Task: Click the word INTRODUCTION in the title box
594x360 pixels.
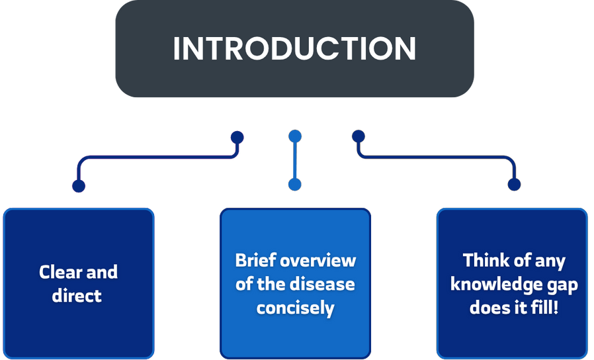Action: (294, 49)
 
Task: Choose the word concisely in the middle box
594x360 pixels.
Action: (295, 308)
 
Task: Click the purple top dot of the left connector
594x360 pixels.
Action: (237, 137)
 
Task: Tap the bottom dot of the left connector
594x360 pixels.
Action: (79, 185)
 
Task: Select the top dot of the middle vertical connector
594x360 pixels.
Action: (295, 137)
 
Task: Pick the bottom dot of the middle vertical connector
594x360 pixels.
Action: (295, 185)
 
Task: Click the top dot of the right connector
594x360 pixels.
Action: (358, 136)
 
